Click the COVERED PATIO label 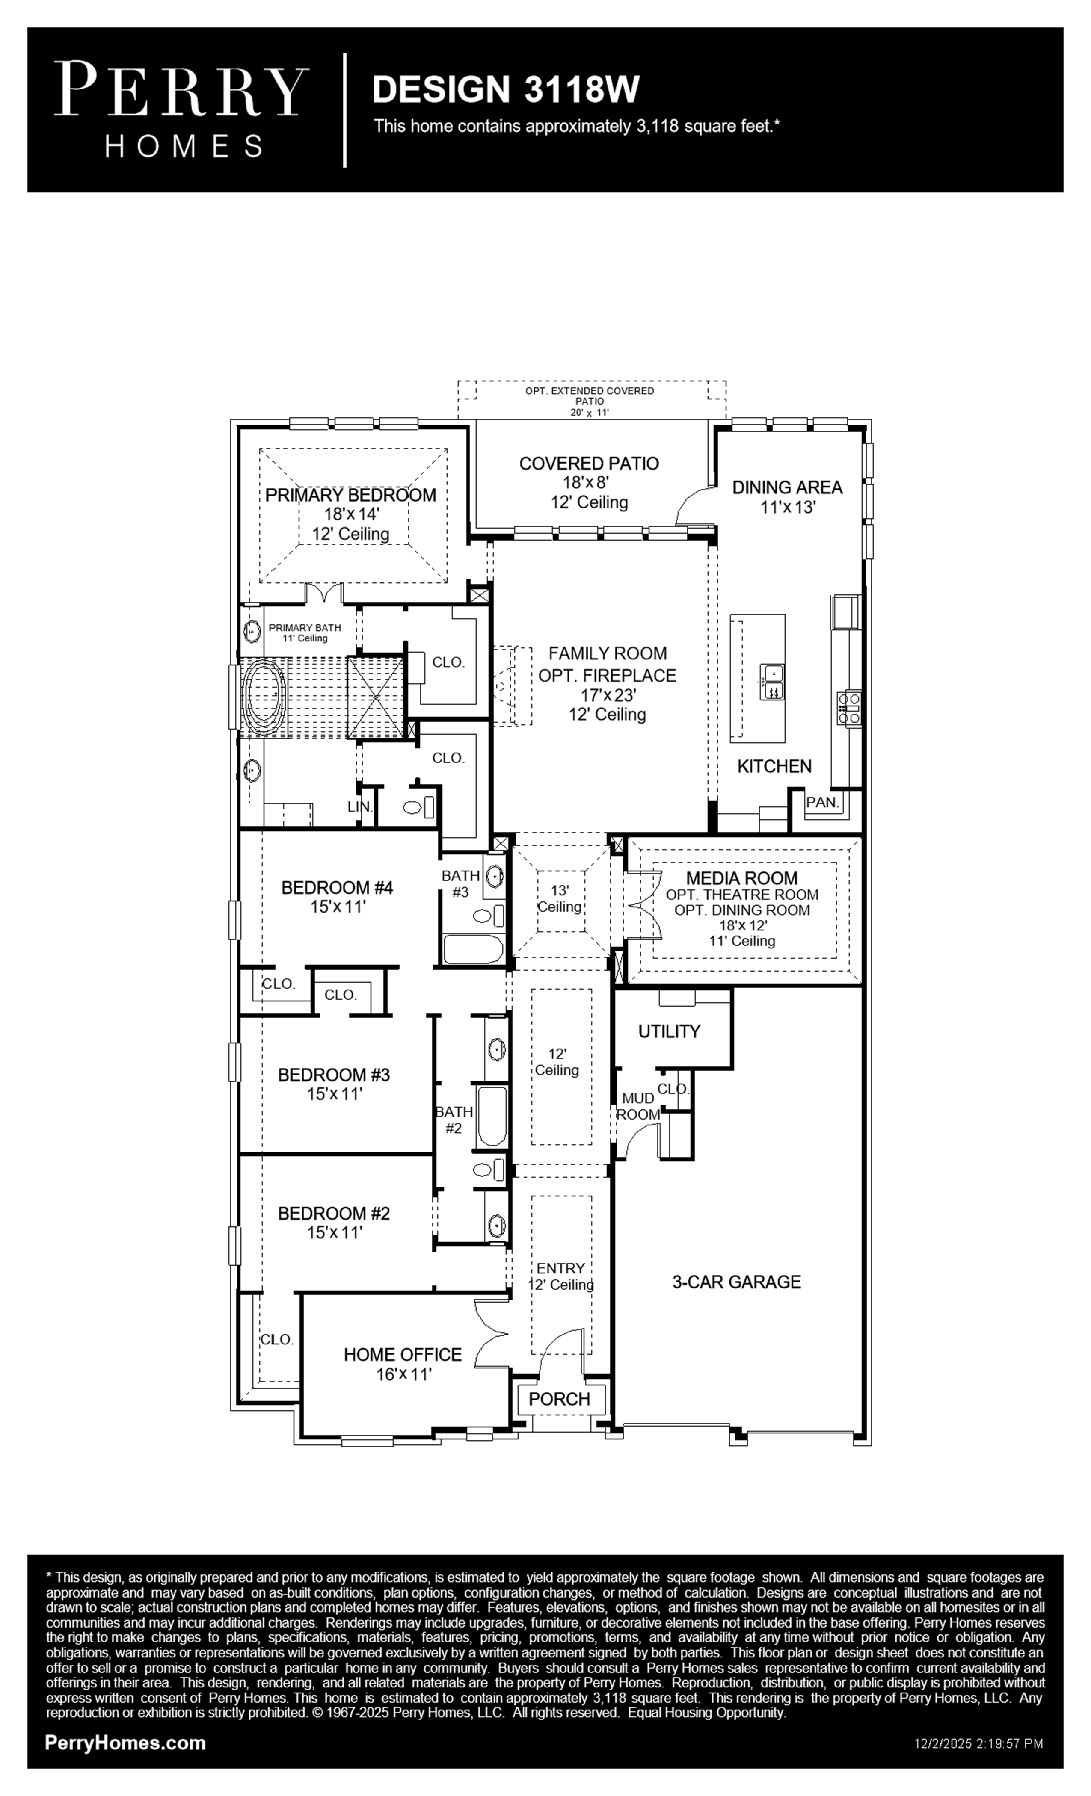[x=589, y=464]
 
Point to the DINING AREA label [x=787, y=487]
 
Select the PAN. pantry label [x=822, y=803]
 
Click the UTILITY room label [x=669, y=1031]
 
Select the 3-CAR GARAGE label [x=737, y=1282]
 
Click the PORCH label [x=559, y=1399]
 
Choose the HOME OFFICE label [x=403, y=1354]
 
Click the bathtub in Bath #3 [x=473, y=949]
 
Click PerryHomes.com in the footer [x=125, y=1743]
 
